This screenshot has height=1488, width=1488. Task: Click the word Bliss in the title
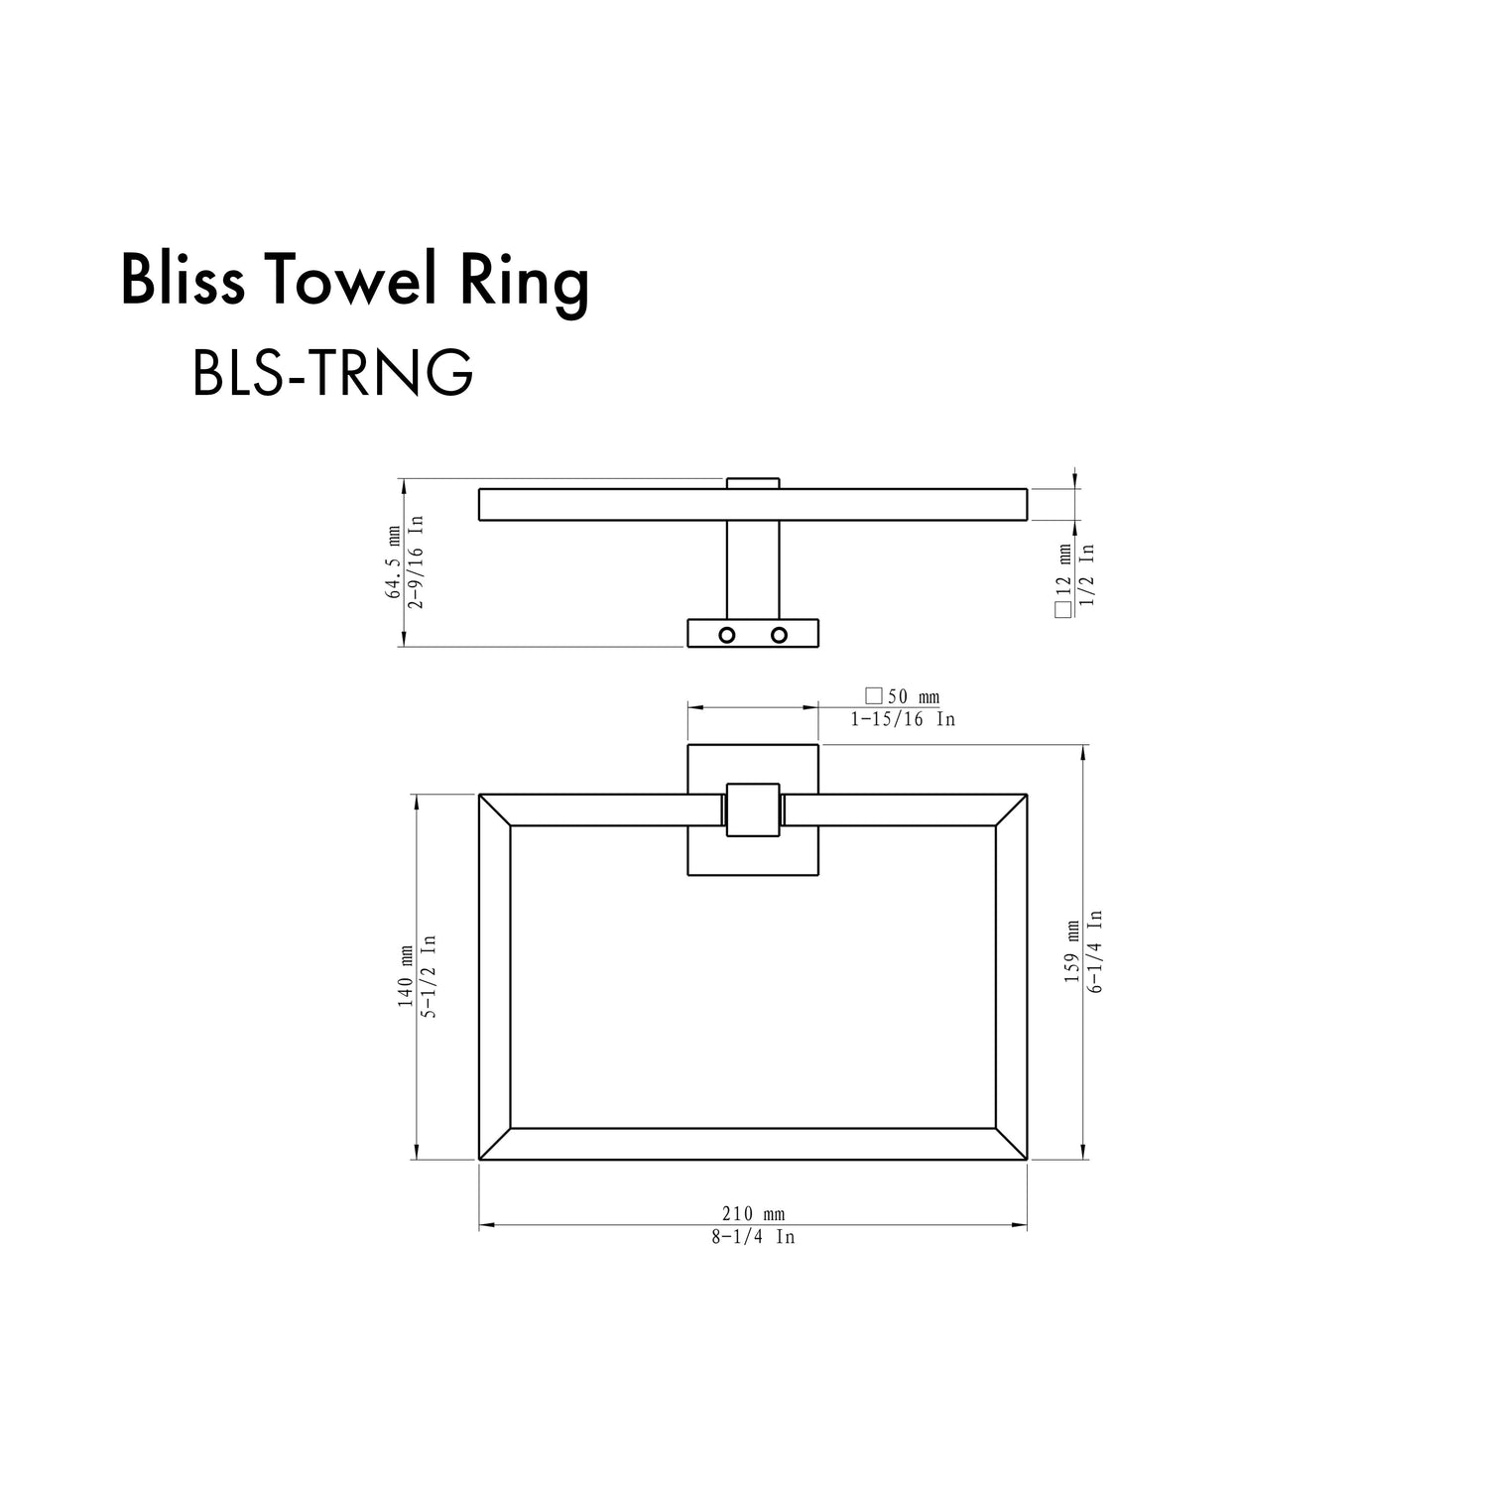click(183, 281)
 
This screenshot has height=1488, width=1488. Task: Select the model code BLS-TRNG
click(332, 373)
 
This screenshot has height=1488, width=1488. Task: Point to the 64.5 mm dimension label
click(394, 563)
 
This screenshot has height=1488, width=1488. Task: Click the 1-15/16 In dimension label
click(903, 719)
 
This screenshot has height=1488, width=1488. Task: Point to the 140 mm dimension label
click(406, 977)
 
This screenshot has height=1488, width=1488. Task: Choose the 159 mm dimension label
click(1072, 952)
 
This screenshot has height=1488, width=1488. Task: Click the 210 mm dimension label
click(753, 1214)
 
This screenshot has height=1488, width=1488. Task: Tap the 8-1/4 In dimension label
click(753, 1237)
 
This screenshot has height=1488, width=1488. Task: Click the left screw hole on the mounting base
click(727, 635)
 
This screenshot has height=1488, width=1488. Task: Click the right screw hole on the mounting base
click(779, 635)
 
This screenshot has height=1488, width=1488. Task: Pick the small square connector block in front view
click(753, 809)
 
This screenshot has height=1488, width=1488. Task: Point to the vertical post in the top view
click(753, 569)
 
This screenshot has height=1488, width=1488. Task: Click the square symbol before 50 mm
click(874, 696)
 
